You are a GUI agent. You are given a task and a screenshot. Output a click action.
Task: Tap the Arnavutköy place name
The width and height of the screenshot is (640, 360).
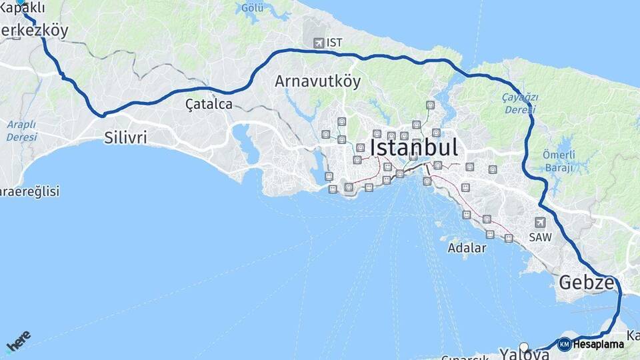tap(317, 81)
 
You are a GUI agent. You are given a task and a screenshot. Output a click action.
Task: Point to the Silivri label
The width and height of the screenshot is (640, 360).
tap(125, 138)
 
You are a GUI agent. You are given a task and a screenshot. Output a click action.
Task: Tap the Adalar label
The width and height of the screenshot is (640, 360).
tap(467, 247)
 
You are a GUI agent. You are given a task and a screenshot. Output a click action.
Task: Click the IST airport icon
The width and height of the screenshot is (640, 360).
tap(318, 43)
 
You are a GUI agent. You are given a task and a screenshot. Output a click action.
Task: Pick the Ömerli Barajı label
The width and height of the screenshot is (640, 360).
tap(559, 161)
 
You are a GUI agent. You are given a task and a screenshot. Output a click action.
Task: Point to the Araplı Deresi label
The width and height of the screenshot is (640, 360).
tap(22, 130)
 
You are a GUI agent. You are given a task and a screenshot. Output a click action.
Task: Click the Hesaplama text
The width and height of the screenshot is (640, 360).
tap(598, 345)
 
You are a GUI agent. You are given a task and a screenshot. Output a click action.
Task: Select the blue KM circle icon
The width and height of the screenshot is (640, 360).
tap(564, 345)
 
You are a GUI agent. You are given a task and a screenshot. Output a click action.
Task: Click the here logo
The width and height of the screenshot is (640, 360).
tap(18, 341)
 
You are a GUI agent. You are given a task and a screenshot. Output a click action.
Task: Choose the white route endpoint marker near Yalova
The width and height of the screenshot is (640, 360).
tap(525, 347)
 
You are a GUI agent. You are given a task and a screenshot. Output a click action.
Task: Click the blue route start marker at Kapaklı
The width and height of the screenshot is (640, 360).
tap(20, 2)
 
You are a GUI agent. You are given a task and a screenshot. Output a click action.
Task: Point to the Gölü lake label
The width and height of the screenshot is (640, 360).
tap(253, 7)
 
